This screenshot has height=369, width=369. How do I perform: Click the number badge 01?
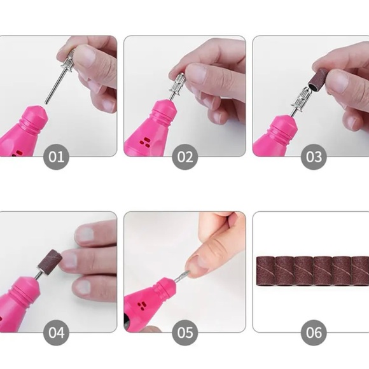click(56, 157)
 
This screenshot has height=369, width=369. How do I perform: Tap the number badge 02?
click(184, 157)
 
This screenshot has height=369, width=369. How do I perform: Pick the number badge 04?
click(56, 332)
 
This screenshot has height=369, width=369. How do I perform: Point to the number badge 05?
click(184, 332)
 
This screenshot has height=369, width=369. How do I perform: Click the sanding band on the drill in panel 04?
click(50, 261)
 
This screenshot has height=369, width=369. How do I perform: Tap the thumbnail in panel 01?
click(83, 58)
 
